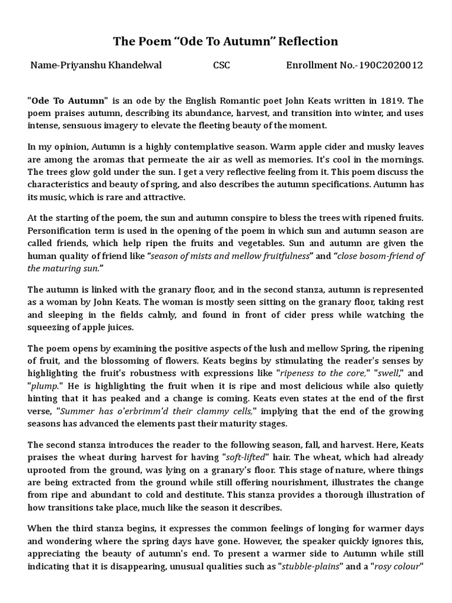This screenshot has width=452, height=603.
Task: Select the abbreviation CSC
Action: (x=221, y=65)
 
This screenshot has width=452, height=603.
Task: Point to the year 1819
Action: (x=381, y=101)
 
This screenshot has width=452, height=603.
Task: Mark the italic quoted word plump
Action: (x=44, y=386)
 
